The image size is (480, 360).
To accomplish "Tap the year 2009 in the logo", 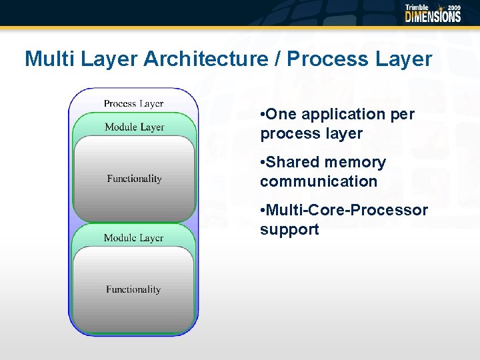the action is tap(453, 7).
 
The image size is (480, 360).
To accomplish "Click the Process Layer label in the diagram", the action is tap(133, 103).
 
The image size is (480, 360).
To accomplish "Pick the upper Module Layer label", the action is tap(134, 127).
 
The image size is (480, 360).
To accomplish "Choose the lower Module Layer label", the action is tap(133, 238).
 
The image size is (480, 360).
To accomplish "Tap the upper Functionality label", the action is tap(134, 179).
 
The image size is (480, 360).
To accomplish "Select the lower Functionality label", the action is tap(133, 289).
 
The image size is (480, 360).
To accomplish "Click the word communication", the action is tap(319, 181).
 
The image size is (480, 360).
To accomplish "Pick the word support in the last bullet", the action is tap(289, 230).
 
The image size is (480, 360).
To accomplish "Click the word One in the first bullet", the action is tap(280, 115).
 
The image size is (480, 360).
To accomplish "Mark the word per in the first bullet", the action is tap(403, 115).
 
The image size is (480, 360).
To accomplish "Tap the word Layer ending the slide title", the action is tap(405, 59).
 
